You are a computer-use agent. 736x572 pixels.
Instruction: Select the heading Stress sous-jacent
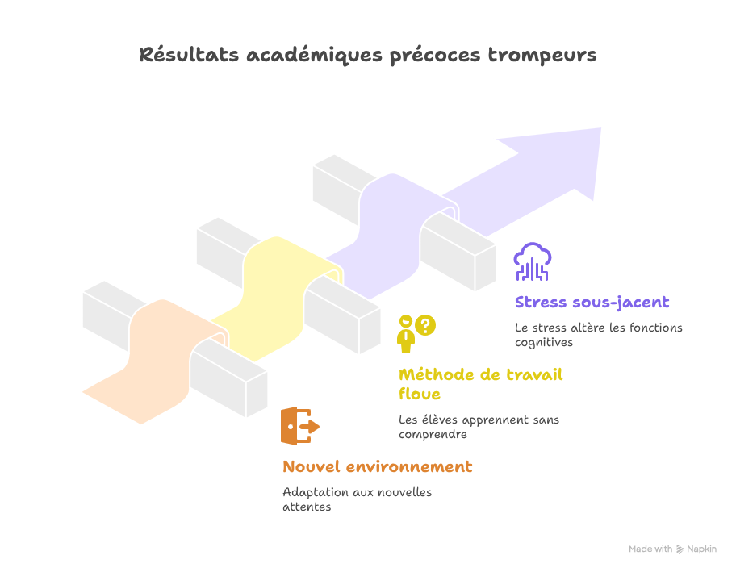point(592,303)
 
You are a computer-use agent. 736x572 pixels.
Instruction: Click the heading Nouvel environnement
point(378,467)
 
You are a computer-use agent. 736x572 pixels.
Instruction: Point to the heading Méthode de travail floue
point(480,375)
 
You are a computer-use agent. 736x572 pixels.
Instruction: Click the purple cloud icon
point(533,261)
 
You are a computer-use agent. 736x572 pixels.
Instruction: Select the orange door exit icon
point(299,426)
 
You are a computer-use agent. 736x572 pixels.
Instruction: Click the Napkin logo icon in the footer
point(680,549)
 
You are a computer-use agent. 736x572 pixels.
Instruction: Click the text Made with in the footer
point(650,549)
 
